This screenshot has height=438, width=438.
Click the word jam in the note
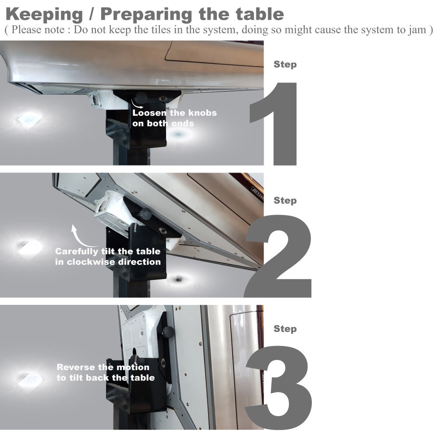click(x=417, y=30)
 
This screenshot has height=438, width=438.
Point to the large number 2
click(x=278, y=256)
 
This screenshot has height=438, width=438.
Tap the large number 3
click(x=279, y=388)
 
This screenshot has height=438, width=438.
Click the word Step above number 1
click(x=285, y=64)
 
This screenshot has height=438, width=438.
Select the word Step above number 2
click(x=285, y=201)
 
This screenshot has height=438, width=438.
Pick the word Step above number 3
click(x=285, y=329)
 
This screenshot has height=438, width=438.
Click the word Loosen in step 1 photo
click(x=149, y=113)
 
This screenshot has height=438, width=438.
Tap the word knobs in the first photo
click(x=202, y=113)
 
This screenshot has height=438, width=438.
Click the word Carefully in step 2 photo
click(x=77, y=252)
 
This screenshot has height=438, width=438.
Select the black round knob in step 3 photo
click(x=168, y=332)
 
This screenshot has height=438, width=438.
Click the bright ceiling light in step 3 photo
click(x=30, y=380)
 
